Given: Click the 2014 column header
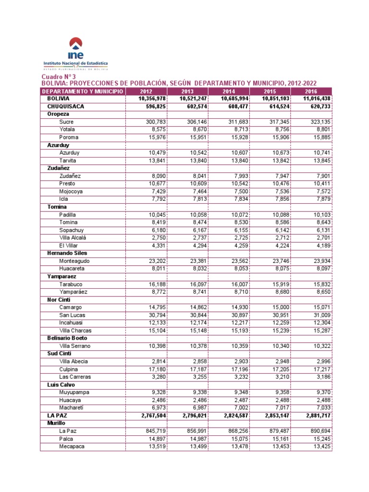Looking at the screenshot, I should coord(229,91).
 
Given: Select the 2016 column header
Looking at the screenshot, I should coord(311,91).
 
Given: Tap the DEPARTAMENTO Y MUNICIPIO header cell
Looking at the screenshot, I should coord(83,91).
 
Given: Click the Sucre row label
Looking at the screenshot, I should coord(66,122).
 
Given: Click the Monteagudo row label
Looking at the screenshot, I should coord(74,261).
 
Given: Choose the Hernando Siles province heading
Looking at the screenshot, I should coord(67,253).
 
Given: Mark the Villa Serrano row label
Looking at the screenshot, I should coord(74,346).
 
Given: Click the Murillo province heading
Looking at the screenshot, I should coord(56,423).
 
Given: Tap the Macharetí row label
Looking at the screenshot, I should coord(72,408).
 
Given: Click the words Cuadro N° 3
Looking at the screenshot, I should coord(59,77).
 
